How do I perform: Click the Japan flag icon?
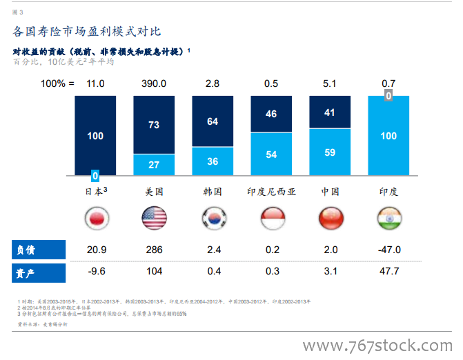(x=95, y=219)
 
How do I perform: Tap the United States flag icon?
(x=154, y=219)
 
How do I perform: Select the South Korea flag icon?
(x=213, y=219)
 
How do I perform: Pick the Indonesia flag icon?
(x=271, y=219)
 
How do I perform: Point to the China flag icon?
(x=330, y=219)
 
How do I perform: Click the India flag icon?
(x=388, y=219)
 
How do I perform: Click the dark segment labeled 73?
(x=154, y=125)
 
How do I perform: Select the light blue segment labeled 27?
(x=154, y=165)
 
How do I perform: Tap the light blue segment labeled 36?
(x=213, y=161)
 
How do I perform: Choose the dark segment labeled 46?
(x=271, y=114)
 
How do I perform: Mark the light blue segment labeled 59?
(x=330, y=152)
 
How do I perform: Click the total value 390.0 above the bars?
(x=154, y=83)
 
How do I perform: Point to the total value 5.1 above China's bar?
(x=330, y=83)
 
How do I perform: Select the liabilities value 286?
(x=154, y=250)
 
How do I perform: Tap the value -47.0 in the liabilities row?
(x=388, y=250)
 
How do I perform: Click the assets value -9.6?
(x=95, y=272)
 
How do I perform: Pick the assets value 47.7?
(x=388, y=272)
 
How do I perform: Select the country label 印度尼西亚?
(x=271, y=192)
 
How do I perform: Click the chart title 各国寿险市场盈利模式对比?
(x=88, y=31)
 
